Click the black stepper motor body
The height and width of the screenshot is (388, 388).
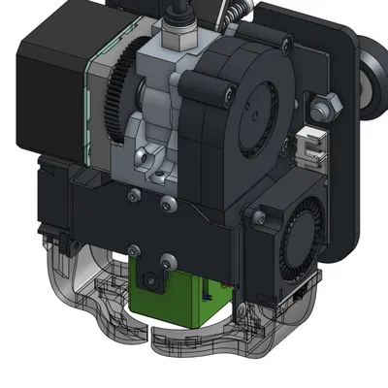pos(53,87)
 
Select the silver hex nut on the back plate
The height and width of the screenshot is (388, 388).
pos(324,107)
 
